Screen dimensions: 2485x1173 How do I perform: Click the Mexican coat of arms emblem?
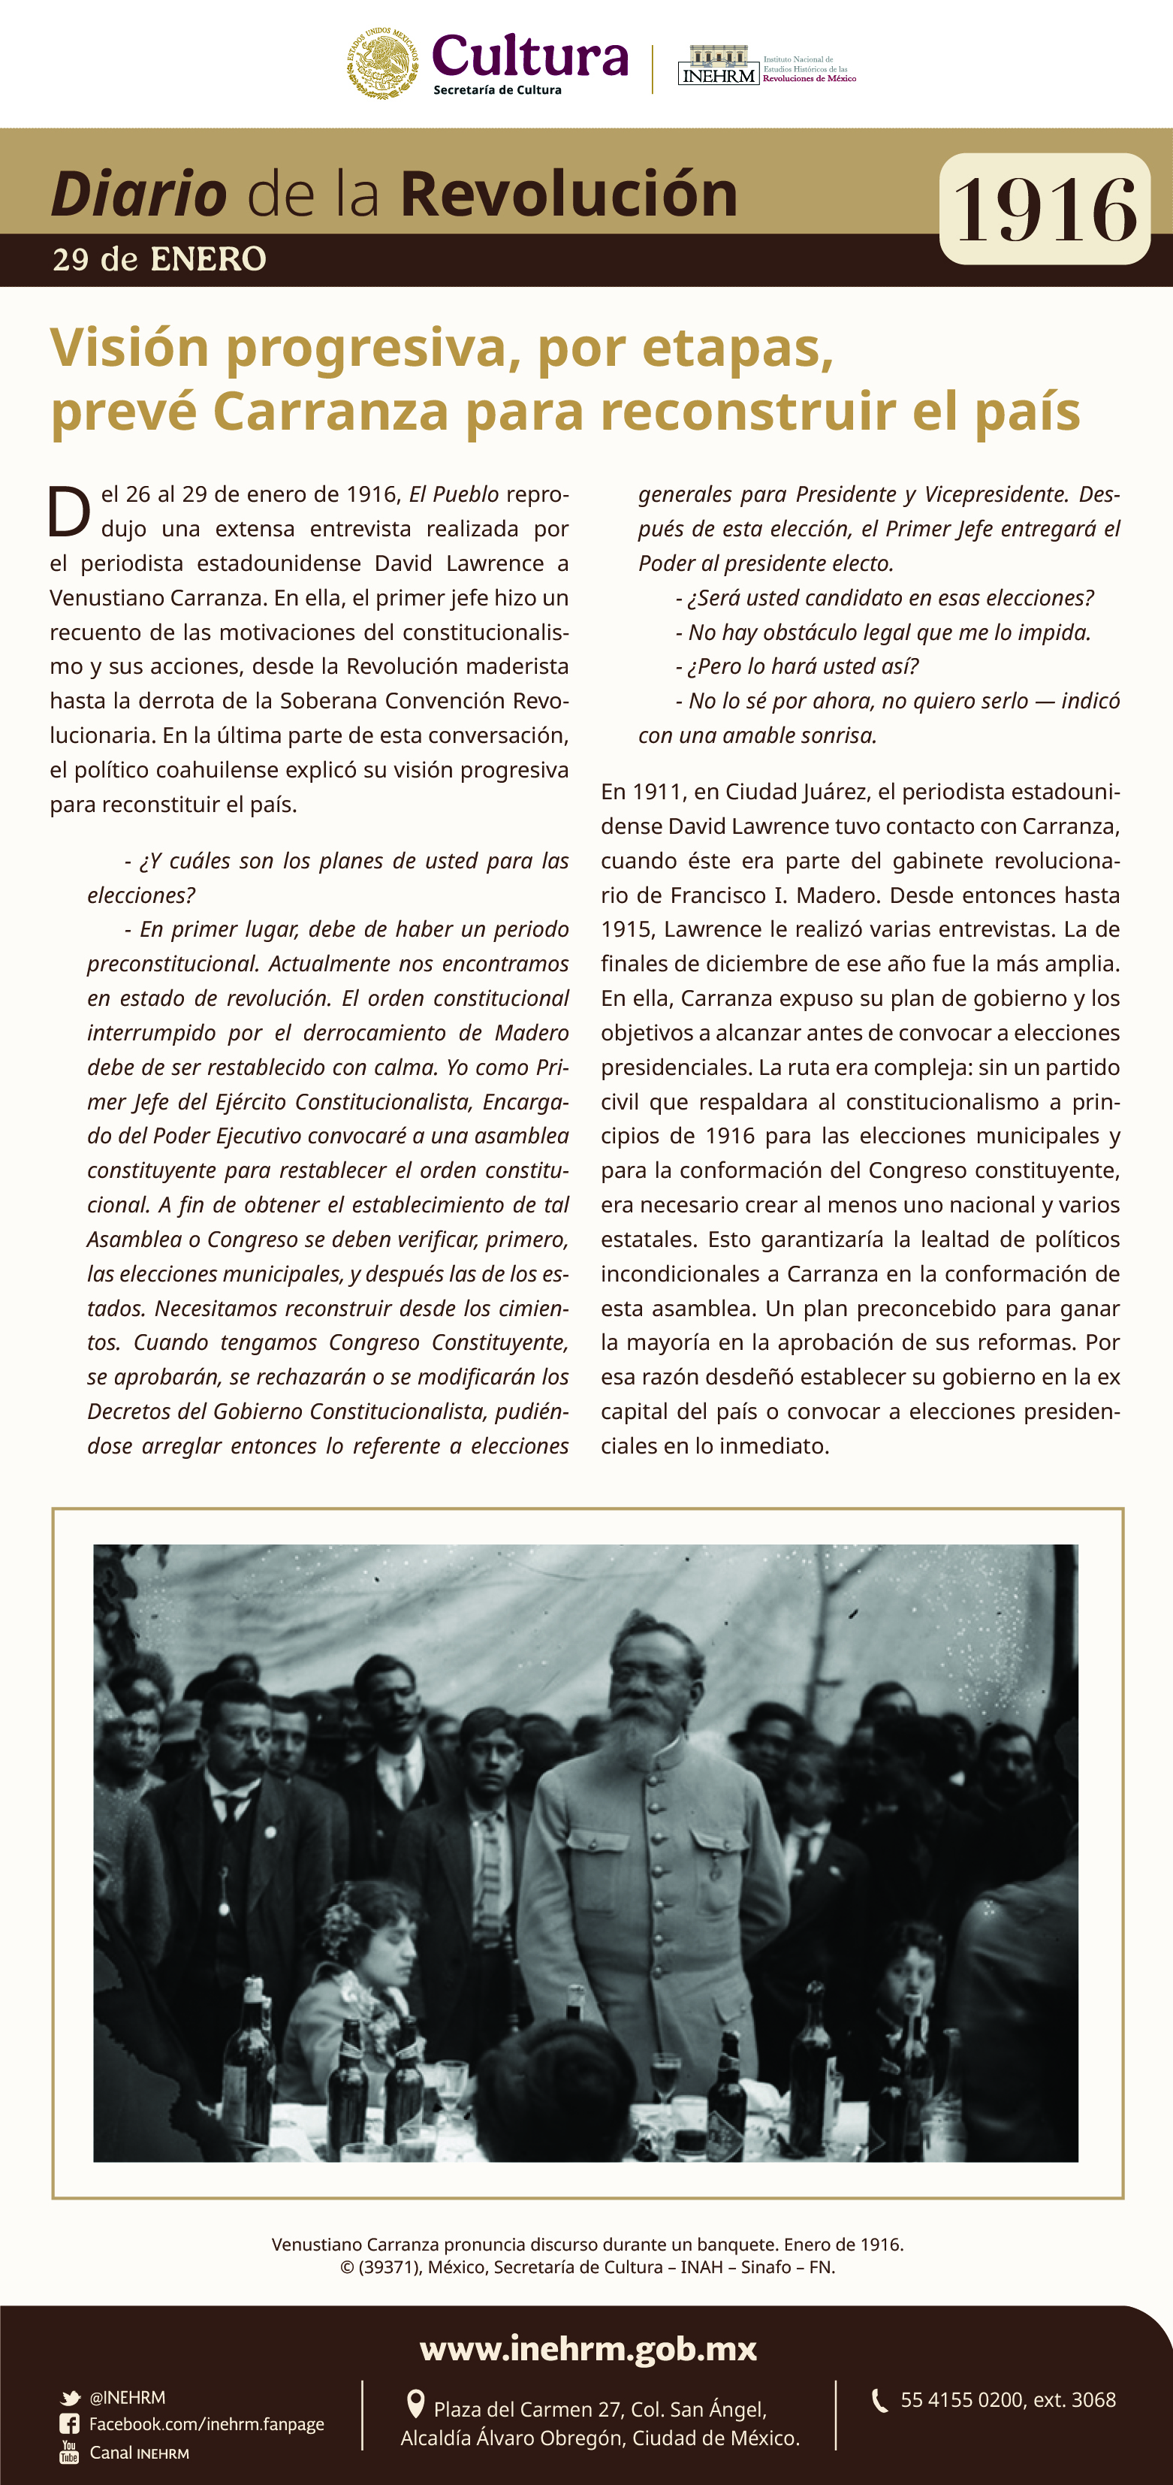pos(383,62)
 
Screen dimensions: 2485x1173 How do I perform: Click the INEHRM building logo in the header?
pos(718,65)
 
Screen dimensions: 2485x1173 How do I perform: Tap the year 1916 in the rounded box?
pos(1045,210)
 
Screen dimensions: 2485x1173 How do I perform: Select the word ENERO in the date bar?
pos(208,259)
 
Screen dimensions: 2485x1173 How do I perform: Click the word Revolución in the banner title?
pos(568,194)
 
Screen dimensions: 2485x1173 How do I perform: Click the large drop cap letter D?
pos(69,512)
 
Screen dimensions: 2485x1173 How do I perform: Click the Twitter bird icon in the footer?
pos(71,2398)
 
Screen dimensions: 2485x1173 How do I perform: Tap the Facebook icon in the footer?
pos(69,2424)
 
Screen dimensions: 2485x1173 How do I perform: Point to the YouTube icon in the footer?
pos(69,2452)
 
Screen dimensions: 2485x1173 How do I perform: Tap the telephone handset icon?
pos(879,2400)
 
